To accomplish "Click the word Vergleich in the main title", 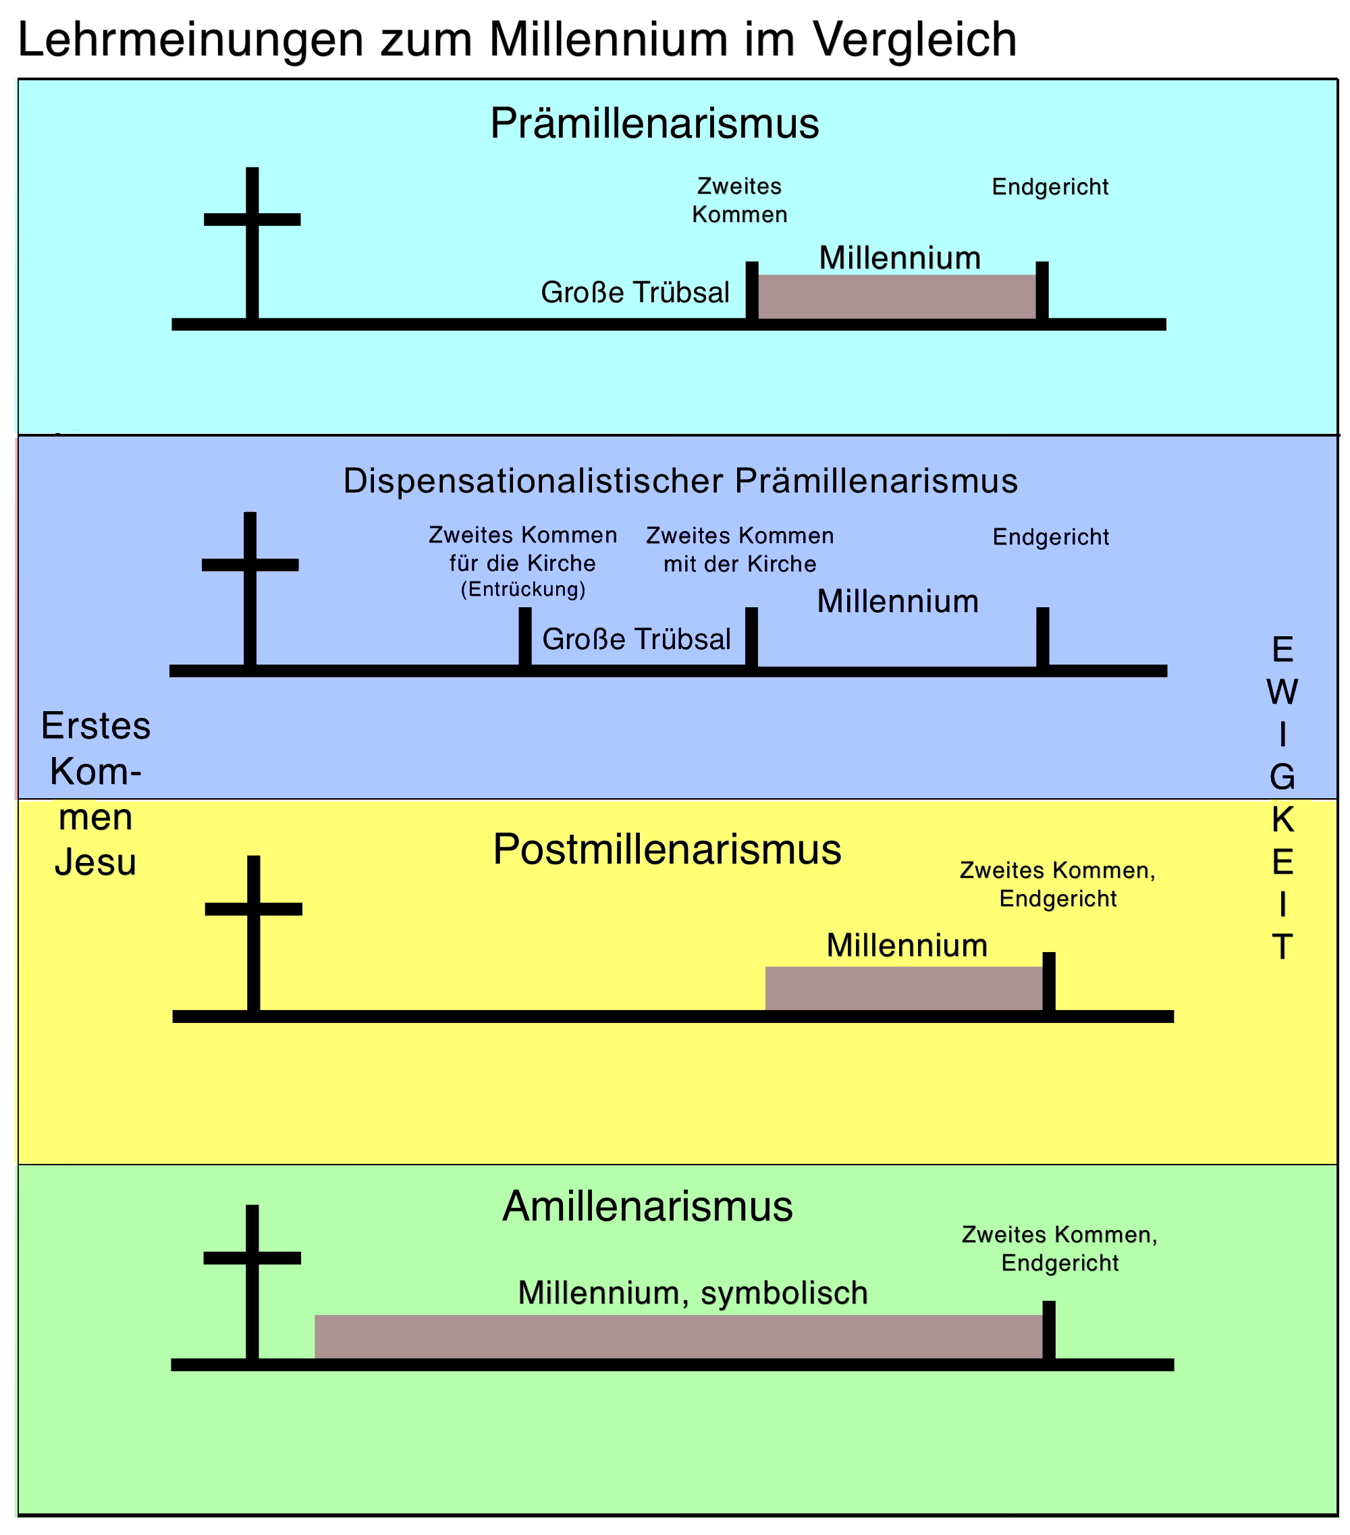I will click(x=915, y=40).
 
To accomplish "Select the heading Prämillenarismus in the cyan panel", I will click(x=654, y=124).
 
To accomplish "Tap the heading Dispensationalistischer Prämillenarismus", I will click(x=680, y=480).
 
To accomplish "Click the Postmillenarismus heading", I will click(x=666, y=849).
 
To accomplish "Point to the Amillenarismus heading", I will click(x=647, y=1206).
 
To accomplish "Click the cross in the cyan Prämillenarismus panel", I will click(x=252, y=240).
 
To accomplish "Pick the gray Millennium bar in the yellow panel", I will click(x=904, y=988).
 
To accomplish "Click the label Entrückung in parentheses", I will click(x=523, y=590).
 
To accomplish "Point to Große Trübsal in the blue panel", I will click(x=637, y=639).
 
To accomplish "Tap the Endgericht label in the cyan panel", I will click(x=1050, y=187).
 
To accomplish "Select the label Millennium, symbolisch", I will click(x=693, y=1292).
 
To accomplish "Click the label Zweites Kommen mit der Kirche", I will click(x=740, y=550).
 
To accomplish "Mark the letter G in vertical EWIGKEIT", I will click(x=1282, y=778).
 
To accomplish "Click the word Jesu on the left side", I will click(x=95, y=862).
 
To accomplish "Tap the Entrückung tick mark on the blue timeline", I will click(x=525, y=636).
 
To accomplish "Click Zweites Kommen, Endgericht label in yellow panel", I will click(x=1058, y=885).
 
